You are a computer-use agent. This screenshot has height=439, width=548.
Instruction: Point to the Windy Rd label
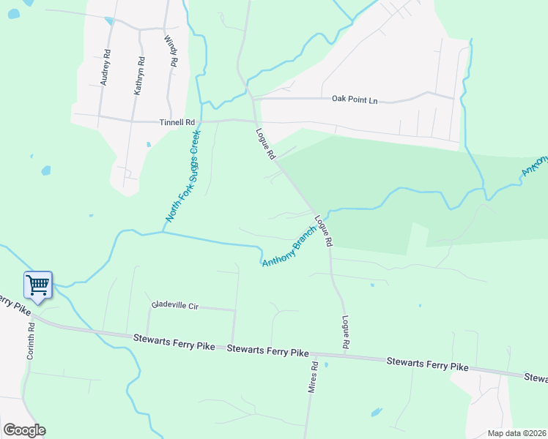[171, 52]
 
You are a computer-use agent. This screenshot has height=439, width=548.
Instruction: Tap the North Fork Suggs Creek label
[182, 176]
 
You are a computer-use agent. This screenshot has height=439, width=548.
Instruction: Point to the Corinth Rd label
[32, 341]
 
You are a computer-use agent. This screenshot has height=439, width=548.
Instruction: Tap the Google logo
[24, 430]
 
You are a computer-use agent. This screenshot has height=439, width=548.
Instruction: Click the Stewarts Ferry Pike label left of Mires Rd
[174, 341]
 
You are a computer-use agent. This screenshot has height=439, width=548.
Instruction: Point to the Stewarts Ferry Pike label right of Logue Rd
[427, 363]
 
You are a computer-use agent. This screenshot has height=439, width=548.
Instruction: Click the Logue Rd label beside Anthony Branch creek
[324, 230]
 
